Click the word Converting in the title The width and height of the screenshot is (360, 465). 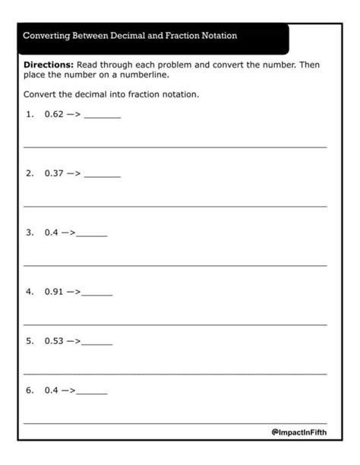pos(48,36)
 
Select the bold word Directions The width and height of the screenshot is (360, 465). pos(49,65)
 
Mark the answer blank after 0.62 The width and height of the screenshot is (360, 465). pos(103,117)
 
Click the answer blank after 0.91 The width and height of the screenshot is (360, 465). pos(96,293)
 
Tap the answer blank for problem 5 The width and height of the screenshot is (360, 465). pos(96,343)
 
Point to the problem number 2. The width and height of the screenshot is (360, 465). pos(30,173)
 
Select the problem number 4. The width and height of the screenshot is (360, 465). pos(30,291)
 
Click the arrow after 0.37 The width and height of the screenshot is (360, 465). pos(74,173)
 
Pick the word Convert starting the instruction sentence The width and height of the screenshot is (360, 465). pos(40,94)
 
